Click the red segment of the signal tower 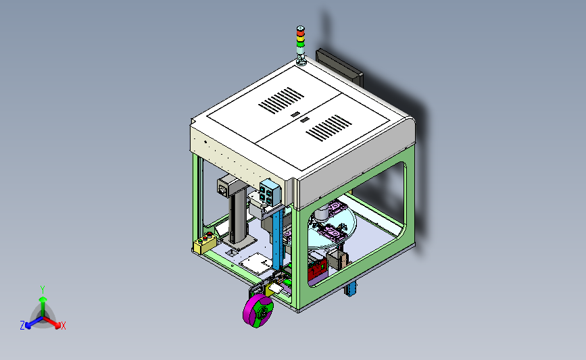tap(301, 33)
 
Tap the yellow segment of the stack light tap(301, 38)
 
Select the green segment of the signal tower tap(301, 44)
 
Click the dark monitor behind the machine tap(339, 68)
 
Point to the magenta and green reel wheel tap(258, 310)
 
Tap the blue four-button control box tap(270, 192)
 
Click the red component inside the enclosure tap(318, 270)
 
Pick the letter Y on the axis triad tap(43, 290)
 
